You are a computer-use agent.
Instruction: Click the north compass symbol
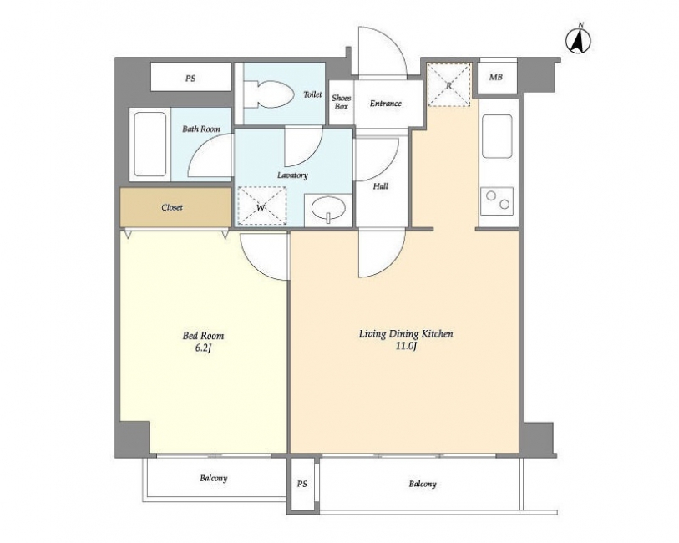pyautogui.click(x=579, y=41)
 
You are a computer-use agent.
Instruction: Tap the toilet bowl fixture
pyautogui.click(x=266, y=94)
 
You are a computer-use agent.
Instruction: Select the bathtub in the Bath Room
pyautogui.click(x=149, y=145)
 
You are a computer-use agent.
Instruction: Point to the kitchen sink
pyautogui.click(x=497, y=136)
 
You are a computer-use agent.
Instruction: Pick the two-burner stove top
pyautogui.click(x=497, y=200)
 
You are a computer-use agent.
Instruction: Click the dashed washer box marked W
pyautogui.click(x=261, y=206)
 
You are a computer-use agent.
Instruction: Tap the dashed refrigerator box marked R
pyautogui.click(x=448, y=84)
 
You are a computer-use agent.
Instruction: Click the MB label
pyautogui.click(x=496, y=77)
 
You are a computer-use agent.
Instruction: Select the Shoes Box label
pyautogui.click(x=342, y=102)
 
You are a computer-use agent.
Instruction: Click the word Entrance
pyautogui.click(x=385, y=104)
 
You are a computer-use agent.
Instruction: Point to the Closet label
pyautogui.click(x=172, y=207)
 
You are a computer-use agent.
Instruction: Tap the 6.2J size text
pyautogui.click(x=203, y=348)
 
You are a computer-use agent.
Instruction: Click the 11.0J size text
pyautogui.click(x=406, y=346)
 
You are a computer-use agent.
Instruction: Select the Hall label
pyautogui.click(x=381, y=186)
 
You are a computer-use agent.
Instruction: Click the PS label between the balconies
pyautogui.click(x=302, y=484)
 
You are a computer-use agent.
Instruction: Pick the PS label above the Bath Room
pyautogui.click(x=190, y=79)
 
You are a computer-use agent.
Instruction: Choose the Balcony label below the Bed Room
pyautogui.click(x=214, y=479)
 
